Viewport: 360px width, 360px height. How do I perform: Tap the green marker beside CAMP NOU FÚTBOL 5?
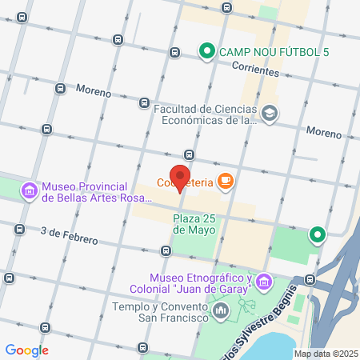tap(206, 53)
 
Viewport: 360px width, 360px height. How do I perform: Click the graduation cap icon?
tap(270, 114)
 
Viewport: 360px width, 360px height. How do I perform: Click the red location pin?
tap(181, 178)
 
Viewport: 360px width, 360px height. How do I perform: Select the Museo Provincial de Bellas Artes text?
tap(86, 191)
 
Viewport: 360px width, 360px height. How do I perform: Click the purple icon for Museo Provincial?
tap(29, 190)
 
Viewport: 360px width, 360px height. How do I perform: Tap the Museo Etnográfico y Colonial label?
tap(201, 282)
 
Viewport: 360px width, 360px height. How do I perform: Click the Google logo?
tap(26, 350)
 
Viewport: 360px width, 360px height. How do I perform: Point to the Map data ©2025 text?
tap(325, 354)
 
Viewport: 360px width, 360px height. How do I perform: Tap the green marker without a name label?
tap(318, 234)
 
